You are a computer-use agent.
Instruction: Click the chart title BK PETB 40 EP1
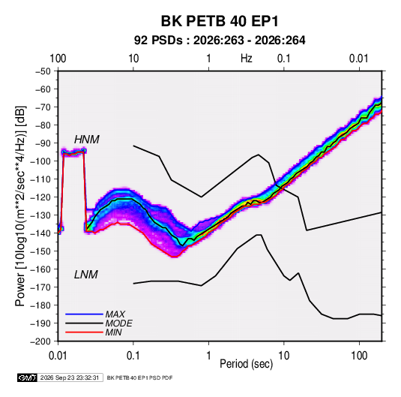tap(220, 21)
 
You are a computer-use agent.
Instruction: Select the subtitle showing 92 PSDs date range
tap(220, 41)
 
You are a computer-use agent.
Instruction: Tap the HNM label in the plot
tap(87, 140)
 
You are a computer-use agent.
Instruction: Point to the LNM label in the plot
tap(86, 275)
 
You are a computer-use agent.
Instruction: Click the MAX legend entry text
tap(115, 314)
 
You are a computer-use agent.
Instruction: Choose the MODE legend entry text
tap(119, 323)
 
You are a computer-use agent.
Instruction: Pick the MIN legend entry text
tap(113, 332)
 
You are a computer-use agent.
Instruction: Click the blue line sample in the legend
tap(84, 314)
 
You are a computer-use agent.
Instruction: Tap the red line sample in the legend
tap(84, 332)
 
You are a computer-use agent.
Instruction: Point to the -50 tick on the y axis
tap(43, 71)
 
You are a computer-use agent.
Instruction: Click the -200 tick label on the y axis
tap(40, 341)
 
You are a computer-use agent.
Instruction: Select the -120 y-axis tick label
tap(40, 197)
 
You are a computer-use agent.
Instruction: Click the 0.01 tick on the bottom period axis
tap(58, 356)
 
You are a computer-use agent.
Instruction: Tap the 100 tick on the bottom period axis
tap(359, 356)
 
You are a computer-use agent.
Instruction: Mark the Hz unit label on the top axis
tap(247, 59)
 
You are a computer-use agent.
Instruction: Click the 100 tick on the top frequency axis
tap(58, 59)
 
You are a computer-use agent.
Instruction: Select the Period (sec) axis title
tap(247, 364)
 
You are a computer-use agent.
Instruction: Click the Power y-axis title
tap(20, 206)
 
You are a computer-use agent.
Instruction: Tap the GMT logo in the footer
tap(28, 377)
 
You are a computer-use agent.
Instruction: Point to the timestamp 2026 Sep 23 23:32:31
tap(70, 377)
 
